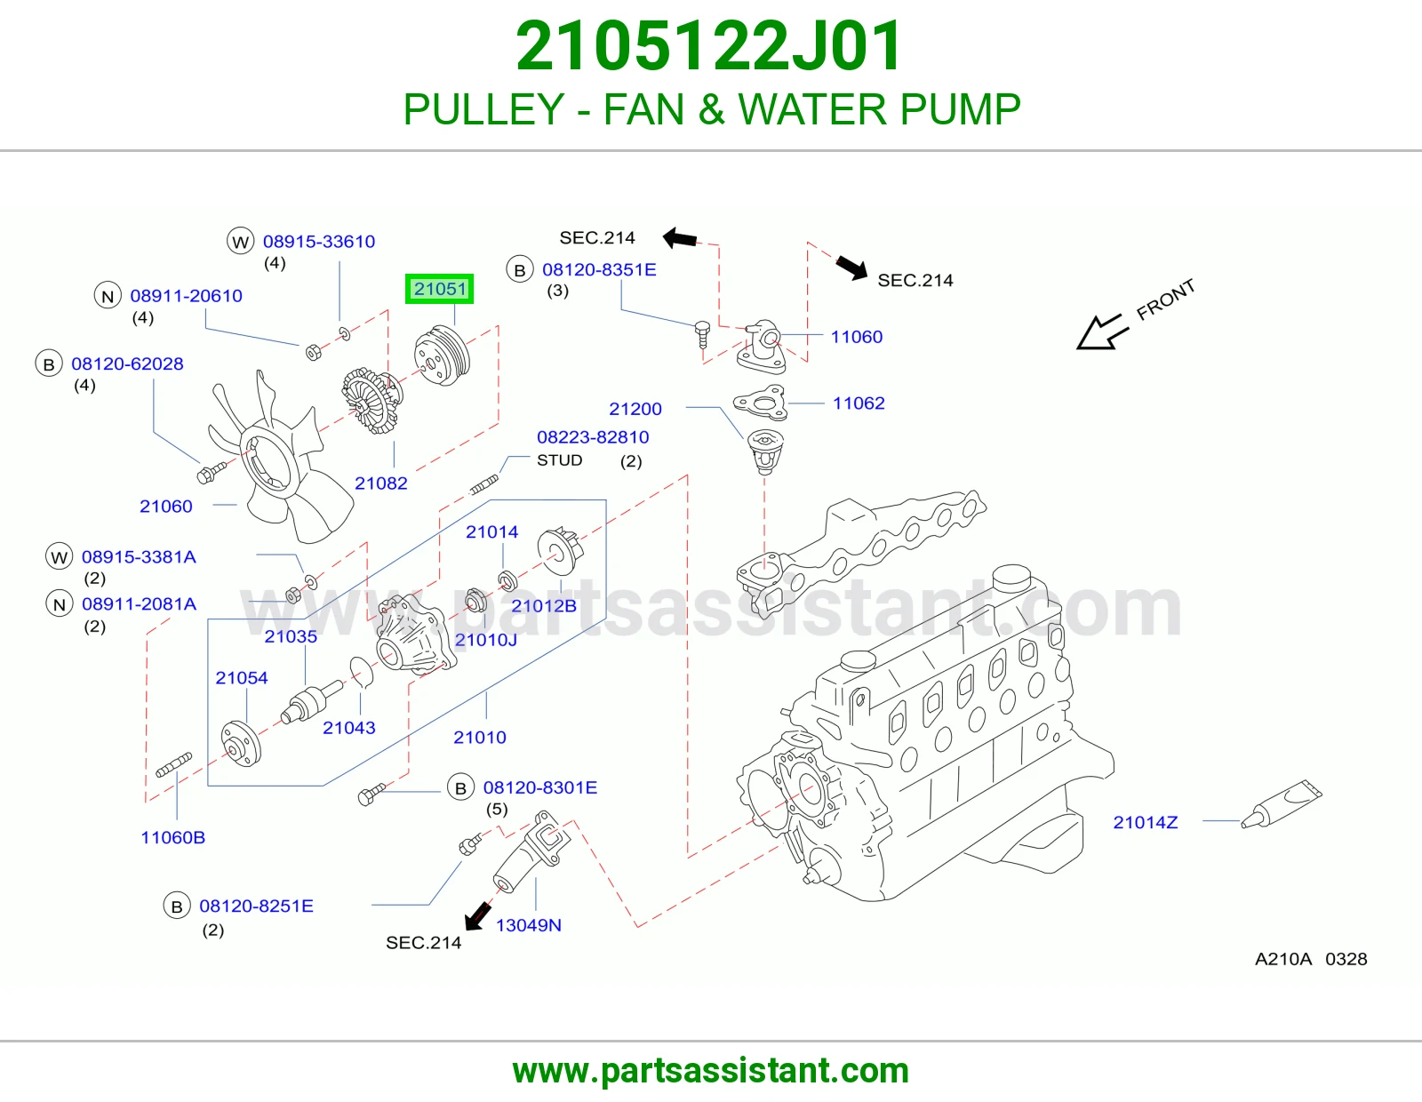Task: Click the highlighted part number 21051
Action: pos(440,289)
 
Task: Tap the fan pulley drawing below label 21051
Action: pos(442,356)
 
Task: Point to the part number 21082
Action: pos(381,483)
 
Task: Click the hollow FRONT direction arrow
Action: pos(1103,331)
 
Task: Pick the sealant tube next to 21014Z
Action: pos(1282,803)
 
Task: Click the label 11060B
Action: pos(172,837)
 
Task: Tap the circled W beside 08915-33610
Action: pos(240,242)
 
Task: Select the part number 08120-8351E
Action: pos(599,269)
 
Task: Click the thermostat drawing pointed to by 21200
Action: pos(764,451)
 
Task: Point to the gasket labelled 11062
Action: pos(759,401)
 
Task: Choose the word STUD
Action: pos(560,460)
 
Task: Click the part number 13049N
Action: pos(528,925)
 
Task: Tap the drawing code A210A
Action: pos(1283,959)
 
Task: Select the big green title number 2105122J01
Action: pos(709,46)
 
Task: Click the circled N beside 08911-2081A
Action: pos(59,604)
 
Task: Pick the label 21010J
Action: pos(485,639)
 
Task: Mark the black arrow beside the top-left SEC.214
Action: pos(680,237)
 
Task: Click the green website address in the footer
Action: pos(711,1071)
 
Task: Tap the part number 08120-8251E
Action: pos(256,906)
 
